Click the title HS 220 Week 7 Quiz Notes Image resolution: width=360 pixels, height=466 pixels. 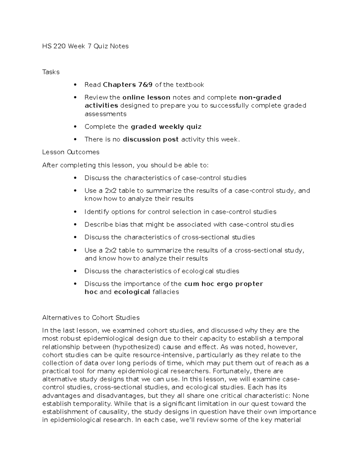(85, 46)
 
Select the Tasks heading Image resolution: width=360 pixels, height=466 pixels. (51, 72)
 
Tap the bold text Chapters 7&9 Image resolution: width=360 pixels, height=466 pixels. (128, 85)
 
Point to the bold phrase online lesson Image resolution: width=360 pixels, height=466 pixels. (147, 98)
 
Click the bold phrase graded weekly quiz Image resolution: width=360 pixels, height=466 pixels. (166, 127)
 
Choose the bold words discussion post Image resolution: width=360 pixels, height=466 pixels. (151, 140)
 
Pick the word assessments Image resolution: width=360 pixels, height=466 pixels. (106, 114)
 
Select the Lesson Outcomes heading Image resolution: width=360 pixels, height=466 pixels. (71, 152)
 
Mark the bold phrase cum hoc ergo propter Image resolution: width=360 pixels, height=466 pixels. (223, 284)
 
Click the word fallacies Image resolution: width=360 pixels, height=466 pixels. (166, 292)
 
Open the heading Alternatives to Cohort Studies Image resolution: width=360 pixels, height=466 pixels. (91, 318)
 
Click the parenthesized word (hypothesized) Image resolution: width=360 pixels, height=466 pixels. (135, 347)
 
